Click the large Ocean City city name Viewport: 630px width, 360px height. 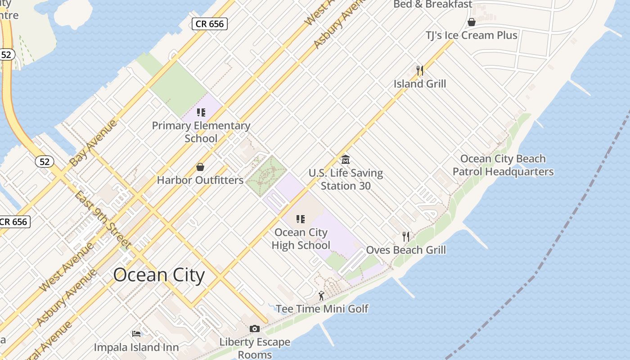159,275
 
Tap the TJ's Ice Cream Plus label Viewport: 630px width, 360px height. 472,35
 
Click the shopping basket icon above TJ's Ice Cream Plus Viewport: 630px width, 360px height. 472,22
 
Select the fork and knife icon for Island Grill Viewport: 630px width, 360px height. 420,70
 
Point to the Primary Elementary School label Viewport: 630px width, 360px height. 201,132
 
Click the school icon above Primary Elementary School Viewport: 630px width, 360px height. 201,112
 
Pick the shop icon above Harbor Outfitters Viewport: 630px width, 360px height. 200,167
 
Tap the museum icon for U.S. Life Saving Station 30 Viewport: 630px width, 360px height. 346,159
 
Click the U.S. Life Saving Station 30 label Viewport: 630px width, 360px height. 346,179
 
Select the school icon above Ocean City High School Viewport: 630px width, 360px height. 301,219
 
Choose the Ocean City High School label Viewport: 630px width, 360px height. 301,238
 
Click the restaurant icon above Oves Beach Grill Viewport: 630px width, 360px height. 406,237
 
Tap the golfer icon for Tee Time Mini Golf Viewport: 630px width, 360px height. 321,296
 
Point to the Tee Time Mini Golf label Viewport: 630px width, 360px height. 322,309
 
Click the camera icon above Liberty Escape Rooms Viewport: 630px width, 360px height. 255,329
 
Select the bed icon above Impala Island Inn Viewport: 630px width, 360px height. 136,334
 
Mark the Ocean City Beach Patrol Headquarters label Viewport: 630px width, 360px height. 503,165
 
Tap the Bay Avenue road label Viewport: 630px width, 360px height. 94,142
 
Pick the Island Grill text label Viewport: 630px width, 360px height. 420,84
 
